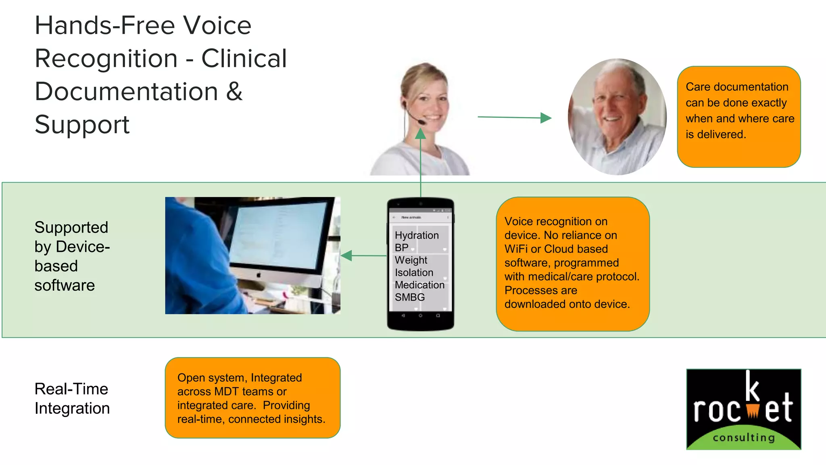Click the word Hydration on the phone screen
point(417,235)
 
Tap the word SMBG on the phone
point(410,297)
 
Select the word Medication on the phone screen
point(419,285)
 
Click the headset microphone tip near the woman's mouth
point(421,122)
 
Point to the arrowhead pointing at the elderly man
point(546,118)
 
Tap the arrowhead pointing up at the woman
point(421,134)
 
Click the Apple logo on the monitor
point(259,275)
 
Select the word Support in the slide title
point(82,124)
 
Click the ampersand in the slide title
point(234,91)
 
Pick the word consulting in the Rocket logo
point(744,438)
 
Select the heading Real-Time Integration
point(72,399)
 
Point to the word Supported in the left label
point(71,228)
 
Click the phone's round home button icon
point(420,316)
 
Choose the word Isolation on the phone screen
point(414,272)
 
